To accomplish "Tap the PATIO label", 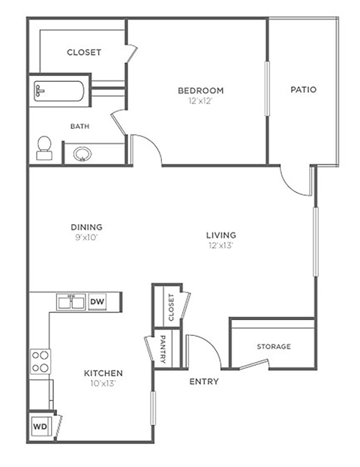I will click(x=303, y=90).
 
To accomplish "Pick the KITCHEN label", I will click(x=103, y=373).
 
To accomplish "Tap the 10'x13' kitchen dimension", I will click(x=103, y=383).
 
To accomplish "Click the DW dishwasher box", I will click(x=97, y=301).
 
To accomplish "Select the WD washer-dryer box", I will click(x=39, y=426).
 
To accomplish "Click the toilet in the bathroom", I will click(x=44, y=148).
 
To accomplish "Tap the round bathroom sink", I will click(x=82, y=154).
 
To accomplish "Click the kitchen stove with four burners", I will click(x=40, y=363).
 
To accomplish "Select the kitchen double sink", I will click(x=72, y=301).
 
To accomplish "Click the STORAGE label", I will click(x=274, y=346).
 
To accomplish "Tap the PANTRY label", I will click(x=163, y=349).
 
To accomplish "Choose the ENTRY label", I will click(x=204, y=382).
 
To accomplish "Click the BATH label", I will click(x=80, y=127).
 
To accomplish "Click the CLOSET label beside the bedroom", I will click(x=84, y=52).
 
